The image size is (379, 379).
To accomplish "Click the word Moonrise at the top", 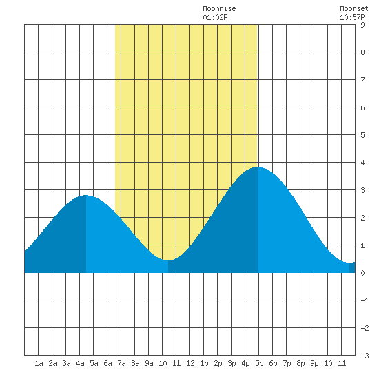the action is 219,8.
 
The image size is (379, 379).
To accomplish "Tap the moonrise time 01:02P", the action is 215,17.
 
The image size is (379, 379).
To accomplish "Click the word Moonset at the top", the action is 354,8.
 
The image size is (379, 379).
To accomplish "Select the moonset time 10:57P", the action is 352,17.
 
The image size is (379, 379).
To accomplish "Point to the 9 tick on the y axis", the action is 362,25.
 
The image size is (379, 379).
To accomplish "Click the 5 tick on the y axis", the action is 362,135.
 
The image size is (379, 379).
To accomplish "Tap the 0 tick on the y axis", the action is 362,273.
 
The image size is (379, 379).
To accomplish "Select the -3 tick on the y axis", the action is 365,356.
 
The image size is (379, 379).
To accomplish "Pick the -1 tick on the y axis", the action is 365,300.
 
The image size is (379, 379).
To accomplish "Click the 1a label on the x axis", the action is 39,363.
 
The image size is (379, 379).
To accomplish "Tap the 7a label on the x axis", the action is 121,363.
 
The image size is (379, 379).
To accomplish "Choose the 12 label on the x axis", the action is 190,363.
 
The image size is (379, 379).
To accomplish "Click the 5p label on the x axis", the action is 259,363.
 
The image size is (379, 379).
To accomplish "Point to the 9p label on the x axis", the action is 314,363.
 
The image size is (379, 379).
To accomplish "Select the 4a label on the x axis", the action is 80,363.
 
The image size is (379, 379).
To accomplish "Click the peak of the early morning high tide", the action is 86,195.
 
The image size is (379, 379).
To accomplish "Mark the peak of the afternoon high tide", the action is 258,167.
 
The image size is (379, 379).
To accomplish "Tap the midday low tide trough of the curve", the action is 168,260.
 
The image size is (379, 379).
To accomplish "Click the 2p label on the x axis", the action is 218,363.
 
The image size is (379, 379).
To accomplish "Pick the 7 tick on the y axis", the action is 362,80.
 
